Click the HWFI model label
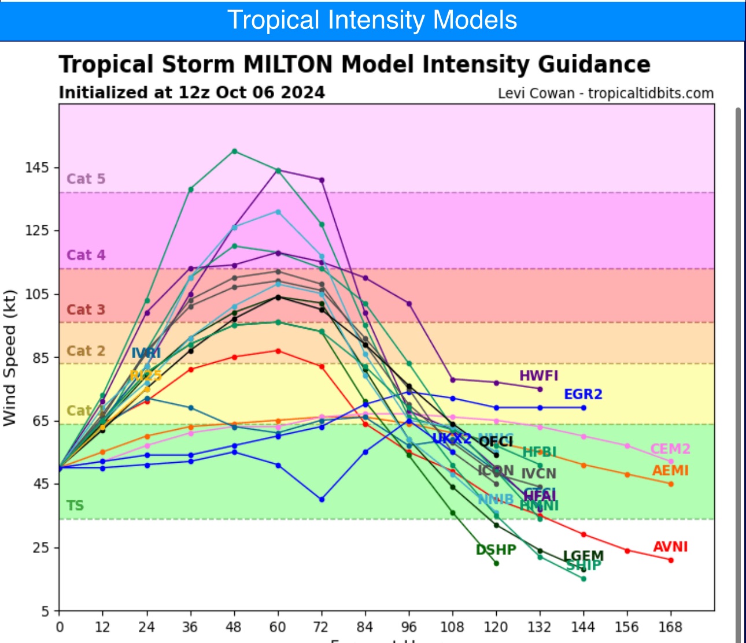(538, 376)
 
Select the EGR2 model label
(583, 394)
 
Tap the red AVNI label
(670, 547)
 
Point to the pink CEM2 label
(670, 449)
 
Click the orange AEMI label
(670, 470)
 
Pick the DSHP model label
(496, 549)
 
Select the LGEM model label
(583, 556)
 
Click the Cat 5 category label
(86, 179)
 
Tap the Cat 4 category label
(86, 255)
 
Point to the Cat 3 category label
(86, 310)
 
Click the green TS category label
(75, 506)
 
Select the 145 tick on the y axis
(38, 168)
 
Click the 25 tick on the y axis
(42, 547)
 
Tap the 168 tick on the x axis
(670, 627)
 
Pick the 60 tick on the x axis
(278, 627)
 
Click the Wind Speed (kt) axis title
(10, 358)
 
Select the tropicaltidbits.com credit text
(651, 94)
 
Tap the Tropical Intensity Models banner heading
(372, 20)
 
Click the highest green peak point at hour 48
(234, 151)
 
